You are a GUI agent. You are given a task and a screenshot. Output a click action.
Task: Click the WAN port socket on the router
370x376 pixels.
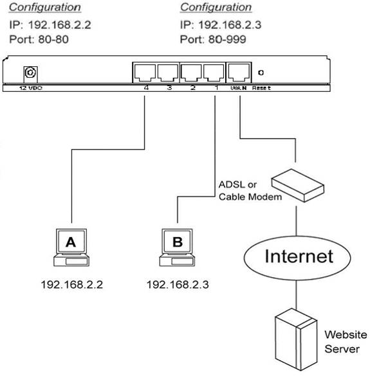pyautogui.click(x=239, y=73)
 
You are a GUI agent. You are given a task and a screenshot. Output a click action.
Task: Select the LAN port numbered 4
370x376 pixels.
pyautogui.click(x=145, y=73)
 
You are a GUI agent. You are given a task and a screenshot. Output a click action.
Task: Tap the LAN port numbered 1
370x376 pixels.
pyautogui.click(x=214, y=73)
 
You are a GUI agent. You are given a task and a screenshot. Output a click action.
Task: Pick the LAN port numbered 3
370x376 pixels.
pyautogui.click(x=168, y=73)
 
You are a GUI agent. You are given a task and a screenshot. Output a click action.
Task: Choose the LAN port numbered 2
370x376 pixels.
pyautogui.click(x=191, y=73)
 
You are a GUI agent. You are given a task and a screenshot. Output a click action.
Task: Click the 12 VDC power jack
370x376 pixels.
pyautogui.click(x=30, y=73)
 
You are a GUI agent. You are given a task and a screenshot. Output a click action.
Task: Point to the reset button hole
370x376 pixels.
pyautogui.click(x=261, y=73)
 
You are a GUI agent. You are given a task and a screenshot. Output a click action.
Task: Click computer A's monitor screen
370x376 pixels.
pyautogui.click(x=71, y=242)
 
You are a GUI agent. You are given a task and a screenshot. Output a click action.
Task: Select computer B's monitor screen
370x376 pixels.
pyautogui.click(x=177, y=242)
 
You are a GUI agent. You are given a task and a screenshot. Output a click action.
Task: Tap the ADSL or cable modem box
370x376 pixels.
pyautogui.click(x=298, y=185)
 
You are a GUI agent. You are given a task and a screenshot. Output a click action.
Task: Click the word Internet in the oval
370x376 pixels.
pyautogui.click(x=299, y=256)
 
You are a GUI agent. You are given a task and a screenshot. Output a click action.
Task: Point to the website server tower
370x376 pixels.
pyautogui.click(x=296, y=339)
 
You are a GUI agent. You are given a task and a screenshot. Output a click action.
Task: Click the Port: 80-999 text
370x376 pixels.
pyautogui.click(x=213, y=40)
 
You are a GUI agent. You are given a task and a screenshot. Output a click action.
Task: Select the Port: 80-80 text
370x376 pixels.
pyautogui.click(x=39, y=40)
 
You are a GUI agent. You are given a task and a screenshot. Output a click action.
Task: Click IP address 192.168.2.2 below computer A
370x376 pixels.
pyautogui.click(x=72, y=285)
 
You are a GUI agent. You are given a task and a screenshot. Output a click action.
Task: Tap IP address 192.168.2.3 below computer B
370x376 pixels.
pyautogui.click(x=178, y=285)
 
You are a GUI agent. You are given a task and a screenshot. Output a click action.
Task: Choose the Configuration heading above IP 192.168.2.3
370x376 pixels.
pyautogui.click(x=216, y=7)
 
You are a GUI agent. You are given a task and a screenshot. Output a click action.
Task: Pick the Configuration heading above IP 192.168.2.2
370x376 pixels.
pyautogui.click(x=45, y=7)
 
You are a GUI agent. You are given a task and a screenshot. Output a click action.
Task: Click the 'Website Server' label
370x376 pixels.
pyautogui.click(x=346, y=342)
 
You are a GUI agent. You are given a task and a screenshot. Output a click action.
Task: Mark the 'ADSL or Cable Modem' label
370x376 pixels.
pyautogui.click(x=250, y=191)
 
